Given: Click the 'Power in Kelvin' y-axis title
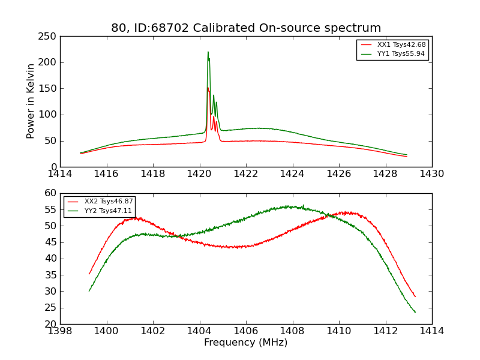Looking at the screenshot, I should pos(31,101).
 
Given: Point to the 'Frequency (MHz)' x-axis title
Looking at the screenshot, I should pos(246,343).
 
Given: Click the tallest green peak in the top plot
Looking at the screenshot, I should pos(208,52).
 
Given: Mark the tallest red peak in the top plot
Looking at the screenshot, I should pos(208,88).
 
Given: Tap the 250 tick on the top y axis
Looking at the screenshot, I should pos(49,37).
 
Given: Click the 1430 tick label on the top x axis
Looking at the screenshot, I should pos(432,174).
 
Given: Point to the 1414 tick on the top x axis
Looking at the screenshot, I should pos(60,174).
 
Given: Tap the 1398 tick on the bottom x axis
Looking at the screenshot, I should pos(60,331).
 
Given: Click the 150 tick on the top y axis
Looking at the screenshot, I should pos(49,89).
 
